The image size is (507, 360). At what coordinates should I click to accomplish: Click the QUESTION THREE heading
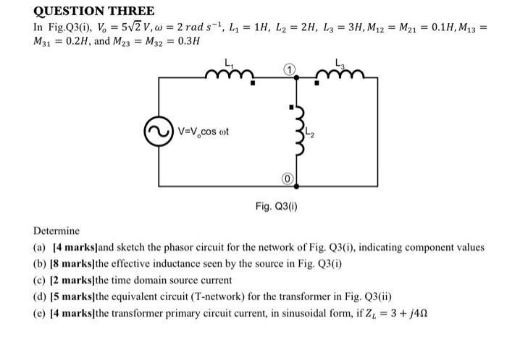click(95, 11)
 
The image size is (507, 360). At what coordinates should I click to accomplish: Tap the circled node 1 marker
click(288, 69)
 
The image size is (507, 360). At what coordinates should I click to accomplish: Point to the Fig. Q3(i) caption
click(275, 206)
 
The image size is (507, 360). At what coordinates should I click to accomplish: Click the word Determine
click(57, 231)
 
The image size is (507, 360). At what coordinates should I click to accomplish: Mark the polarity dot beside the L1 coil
click(252, 84)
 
